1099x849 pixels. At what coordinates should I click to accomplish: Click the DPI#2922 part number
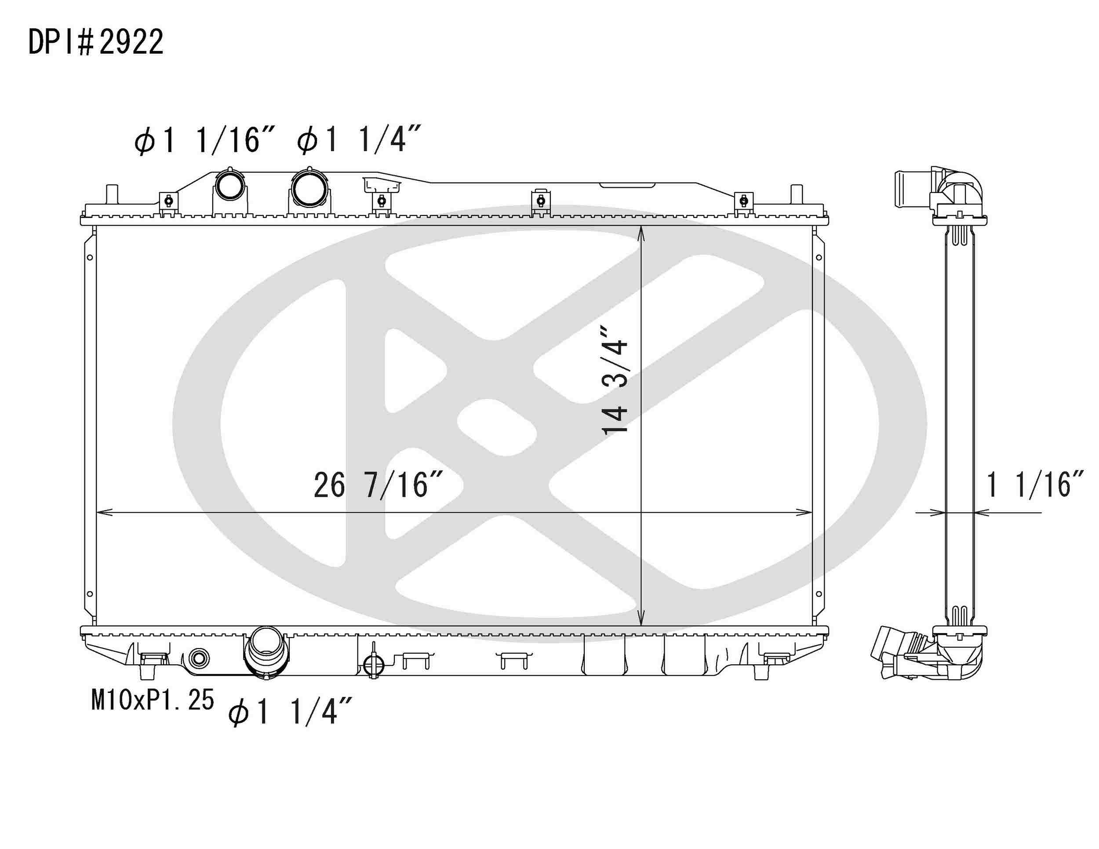pyautogui.click(x=95, y=42)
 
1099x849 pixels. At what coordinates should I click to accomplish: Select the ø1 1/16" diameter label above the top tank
pyautogui.click(x=204, y=140)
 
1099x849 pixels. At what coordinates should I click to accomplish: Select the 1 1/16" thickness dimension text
pyautogui.click(x=1034, y=485)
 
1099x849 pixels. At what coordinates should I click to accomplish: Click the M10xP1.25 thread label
pyautogui.click(x=153, y=700)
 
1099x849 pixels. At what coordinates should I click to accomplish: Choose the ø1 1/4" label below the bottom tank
pyautogui.click(x=290, y=711)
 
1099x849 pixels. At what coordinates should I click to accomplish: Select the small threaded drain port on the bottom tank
pyautogui.click(x=199, y=658)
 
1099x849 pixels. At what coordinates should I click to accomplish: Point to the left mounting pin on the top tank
pyautogui.click(x=112, y=194)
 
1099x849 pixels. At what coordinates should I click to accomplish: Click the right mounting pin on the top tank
pyautogui.click(x=796, y=194)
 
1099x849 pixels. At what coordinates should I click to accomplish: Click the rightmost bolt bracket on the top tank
pyautogui.click(x=744, y=201)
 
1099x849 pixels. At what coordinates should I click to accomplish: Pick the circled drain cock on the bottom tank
pyautogui.click(x=373, y=665)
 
